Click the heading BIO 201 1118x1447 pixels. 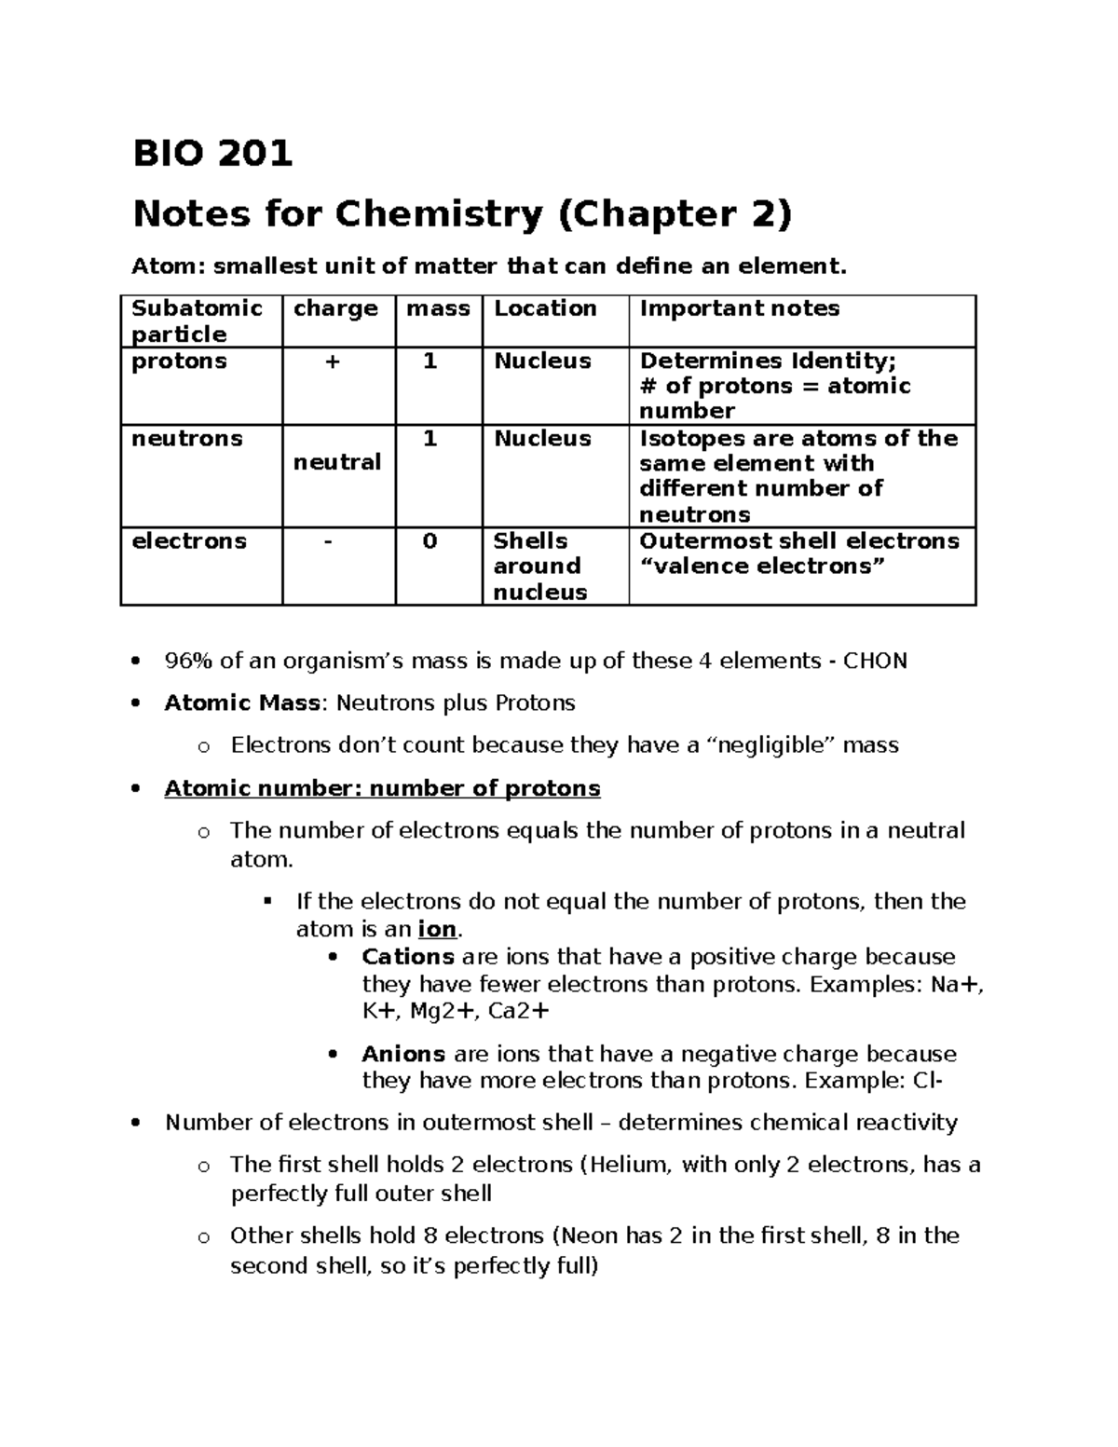pos(212,153)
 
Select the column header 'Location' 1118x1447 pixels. pos(545,308)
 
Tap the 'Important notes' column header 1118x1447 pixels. pos(739,308)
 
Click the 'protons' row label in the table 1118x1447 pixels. pos(179,362)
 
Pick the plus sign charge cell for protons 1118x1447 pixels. pos(332,362)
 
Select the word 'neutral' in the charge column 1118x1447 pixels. pos(337,462)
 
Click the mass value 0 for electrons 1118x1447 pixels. pos(429,541)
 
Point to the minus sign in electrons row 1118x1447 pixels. pos(327,541)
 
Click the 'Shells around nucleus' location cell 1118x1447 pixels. pos(539,567)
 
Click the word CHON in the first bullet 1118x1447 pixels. pos(875,662)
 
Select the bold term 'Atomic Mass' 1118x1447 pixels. pos(242,703)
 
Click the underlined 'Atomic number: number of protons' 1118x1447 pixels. pos(382,789)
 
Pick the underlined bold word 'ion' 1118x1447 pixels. pos(438,930)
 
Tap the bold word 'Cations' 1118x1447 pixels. pos(408,957)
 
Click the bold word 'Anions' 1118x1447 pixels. pos(403,1054)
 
